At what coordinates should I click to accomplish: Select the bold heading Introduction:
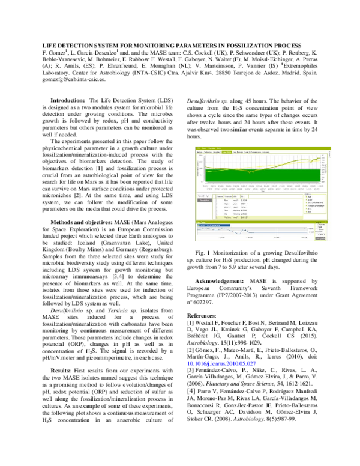coord(69,100)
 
